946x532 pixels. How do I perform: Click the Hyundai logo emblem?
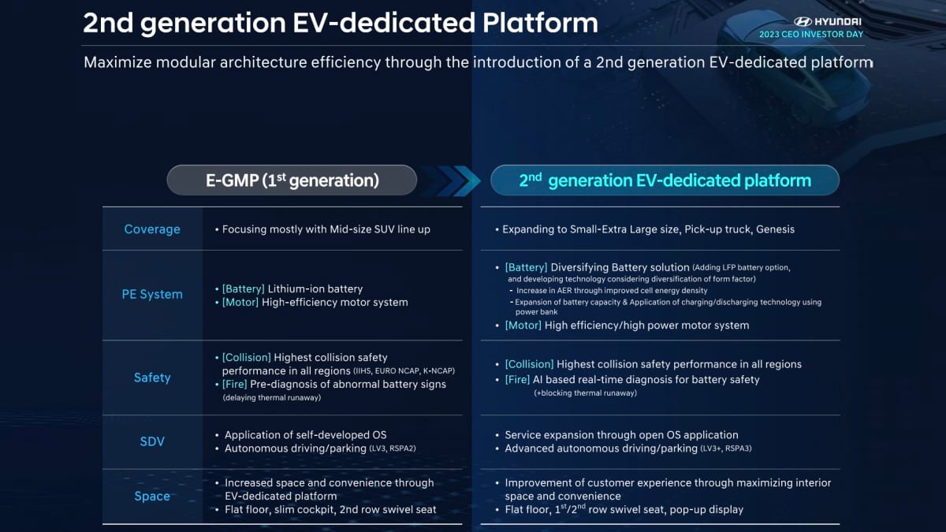click(x=803, y=21)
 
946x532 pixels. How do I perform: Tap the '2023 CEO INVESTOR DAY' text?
click(x=811, y=34)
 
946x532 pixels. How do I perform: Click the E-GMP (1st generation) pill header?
click(x=292, y=180)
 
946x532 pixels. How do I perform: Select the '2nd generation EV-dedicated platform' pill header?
click(x=665, y=180)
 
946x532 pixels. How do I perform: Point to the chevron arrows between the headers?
click(x=451, y=180)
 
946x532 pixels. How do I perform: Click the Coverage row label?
click(x=152, y=229)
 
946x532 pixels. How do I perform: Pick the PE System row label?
click(x=152, y=294)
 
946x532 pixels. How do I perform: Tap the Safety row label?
click(x=152, y=378)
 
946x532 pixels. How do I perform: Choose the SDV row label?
click(x=152, y=441)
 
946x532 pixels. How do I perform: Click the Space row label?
click(x=152, y=496)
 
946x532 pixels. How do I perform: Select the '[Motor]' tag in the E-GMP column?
click(x=240, y=303)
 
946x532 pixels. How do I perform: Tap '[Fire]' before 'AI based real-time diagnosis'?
click(x=517, y=380)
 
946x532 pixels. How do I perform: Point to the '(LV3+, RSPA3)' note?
click(x=726, y=448)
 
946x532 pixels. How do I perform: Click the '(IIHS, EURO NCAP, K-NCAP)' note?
click(x=404, y=371)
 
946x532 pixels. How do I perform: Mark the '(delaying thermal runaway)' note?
click(x=272, y=398)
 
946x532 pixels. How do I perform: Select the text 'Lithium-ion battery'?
click(x=315, y=288)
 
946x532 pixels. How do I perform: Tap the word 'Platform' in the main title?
click(x=540, y=22)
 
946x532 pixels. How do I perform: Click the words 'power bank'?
click(x=536, y=312)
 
